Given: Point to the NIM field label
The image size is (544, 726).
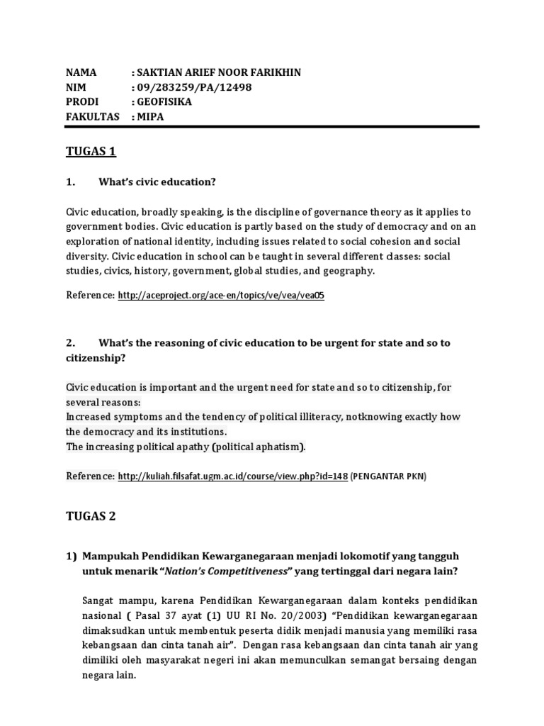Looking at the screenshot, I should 76,87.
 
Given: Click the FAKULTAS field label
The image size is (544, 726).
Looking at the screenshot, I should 93,116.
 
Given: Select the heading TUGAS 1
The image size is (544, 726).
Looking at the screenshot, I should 90,152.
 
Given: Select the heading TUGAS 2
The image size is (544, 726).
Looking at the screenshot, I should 90,517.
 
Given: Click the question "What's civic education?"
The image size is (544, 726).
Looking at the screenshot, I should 157,182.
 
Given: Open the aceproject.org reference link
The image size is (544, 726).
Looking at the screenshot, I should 220,296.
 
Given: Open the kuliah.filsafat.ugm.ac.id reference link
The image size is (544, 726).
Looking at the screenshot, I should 232,477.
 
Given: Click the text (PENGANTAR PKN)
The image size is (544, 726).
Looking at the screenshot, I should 389,477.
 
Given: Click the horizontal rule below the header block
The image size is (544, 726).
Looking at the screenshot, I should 273,127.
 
